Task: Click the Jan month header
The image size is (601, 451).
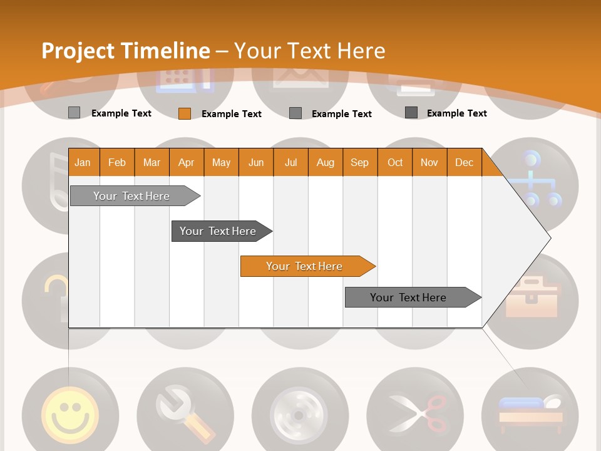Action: (83, 162)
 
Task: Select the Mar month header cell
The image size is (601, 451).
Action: (152, 162)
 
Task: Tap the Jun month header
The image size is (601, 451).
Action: (256, 162)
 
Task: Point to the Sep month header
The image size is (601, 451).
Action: (359, 162)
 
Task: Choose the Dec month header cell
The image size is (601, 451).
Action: (464, 162)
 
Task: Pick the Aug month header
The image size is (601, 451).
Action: (325, 162)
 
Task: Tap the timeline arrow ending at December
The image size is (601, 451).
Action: (410, 298)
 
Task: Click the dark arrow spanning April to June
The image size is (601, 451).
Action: (219, 231)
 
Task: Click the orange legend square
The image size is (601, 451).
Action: (184, 113)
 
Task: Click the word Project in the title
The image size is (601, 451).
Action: (78, 51)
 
